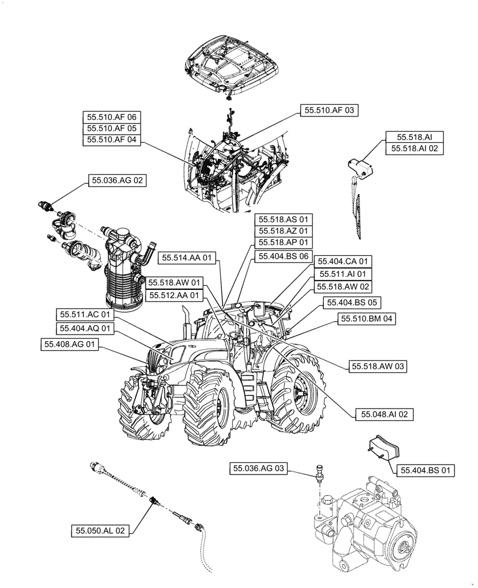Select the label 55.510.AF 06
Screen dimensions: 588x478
coord(112,118)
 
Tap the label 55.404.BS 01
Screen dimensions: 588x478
coord(427,470)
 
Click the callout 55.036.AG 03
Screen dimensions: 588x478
coord(259,469)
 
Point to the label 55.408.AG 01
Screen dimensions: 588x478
coord(69,344)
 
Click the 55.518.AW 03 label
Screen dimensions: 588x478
coord(379,366)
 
